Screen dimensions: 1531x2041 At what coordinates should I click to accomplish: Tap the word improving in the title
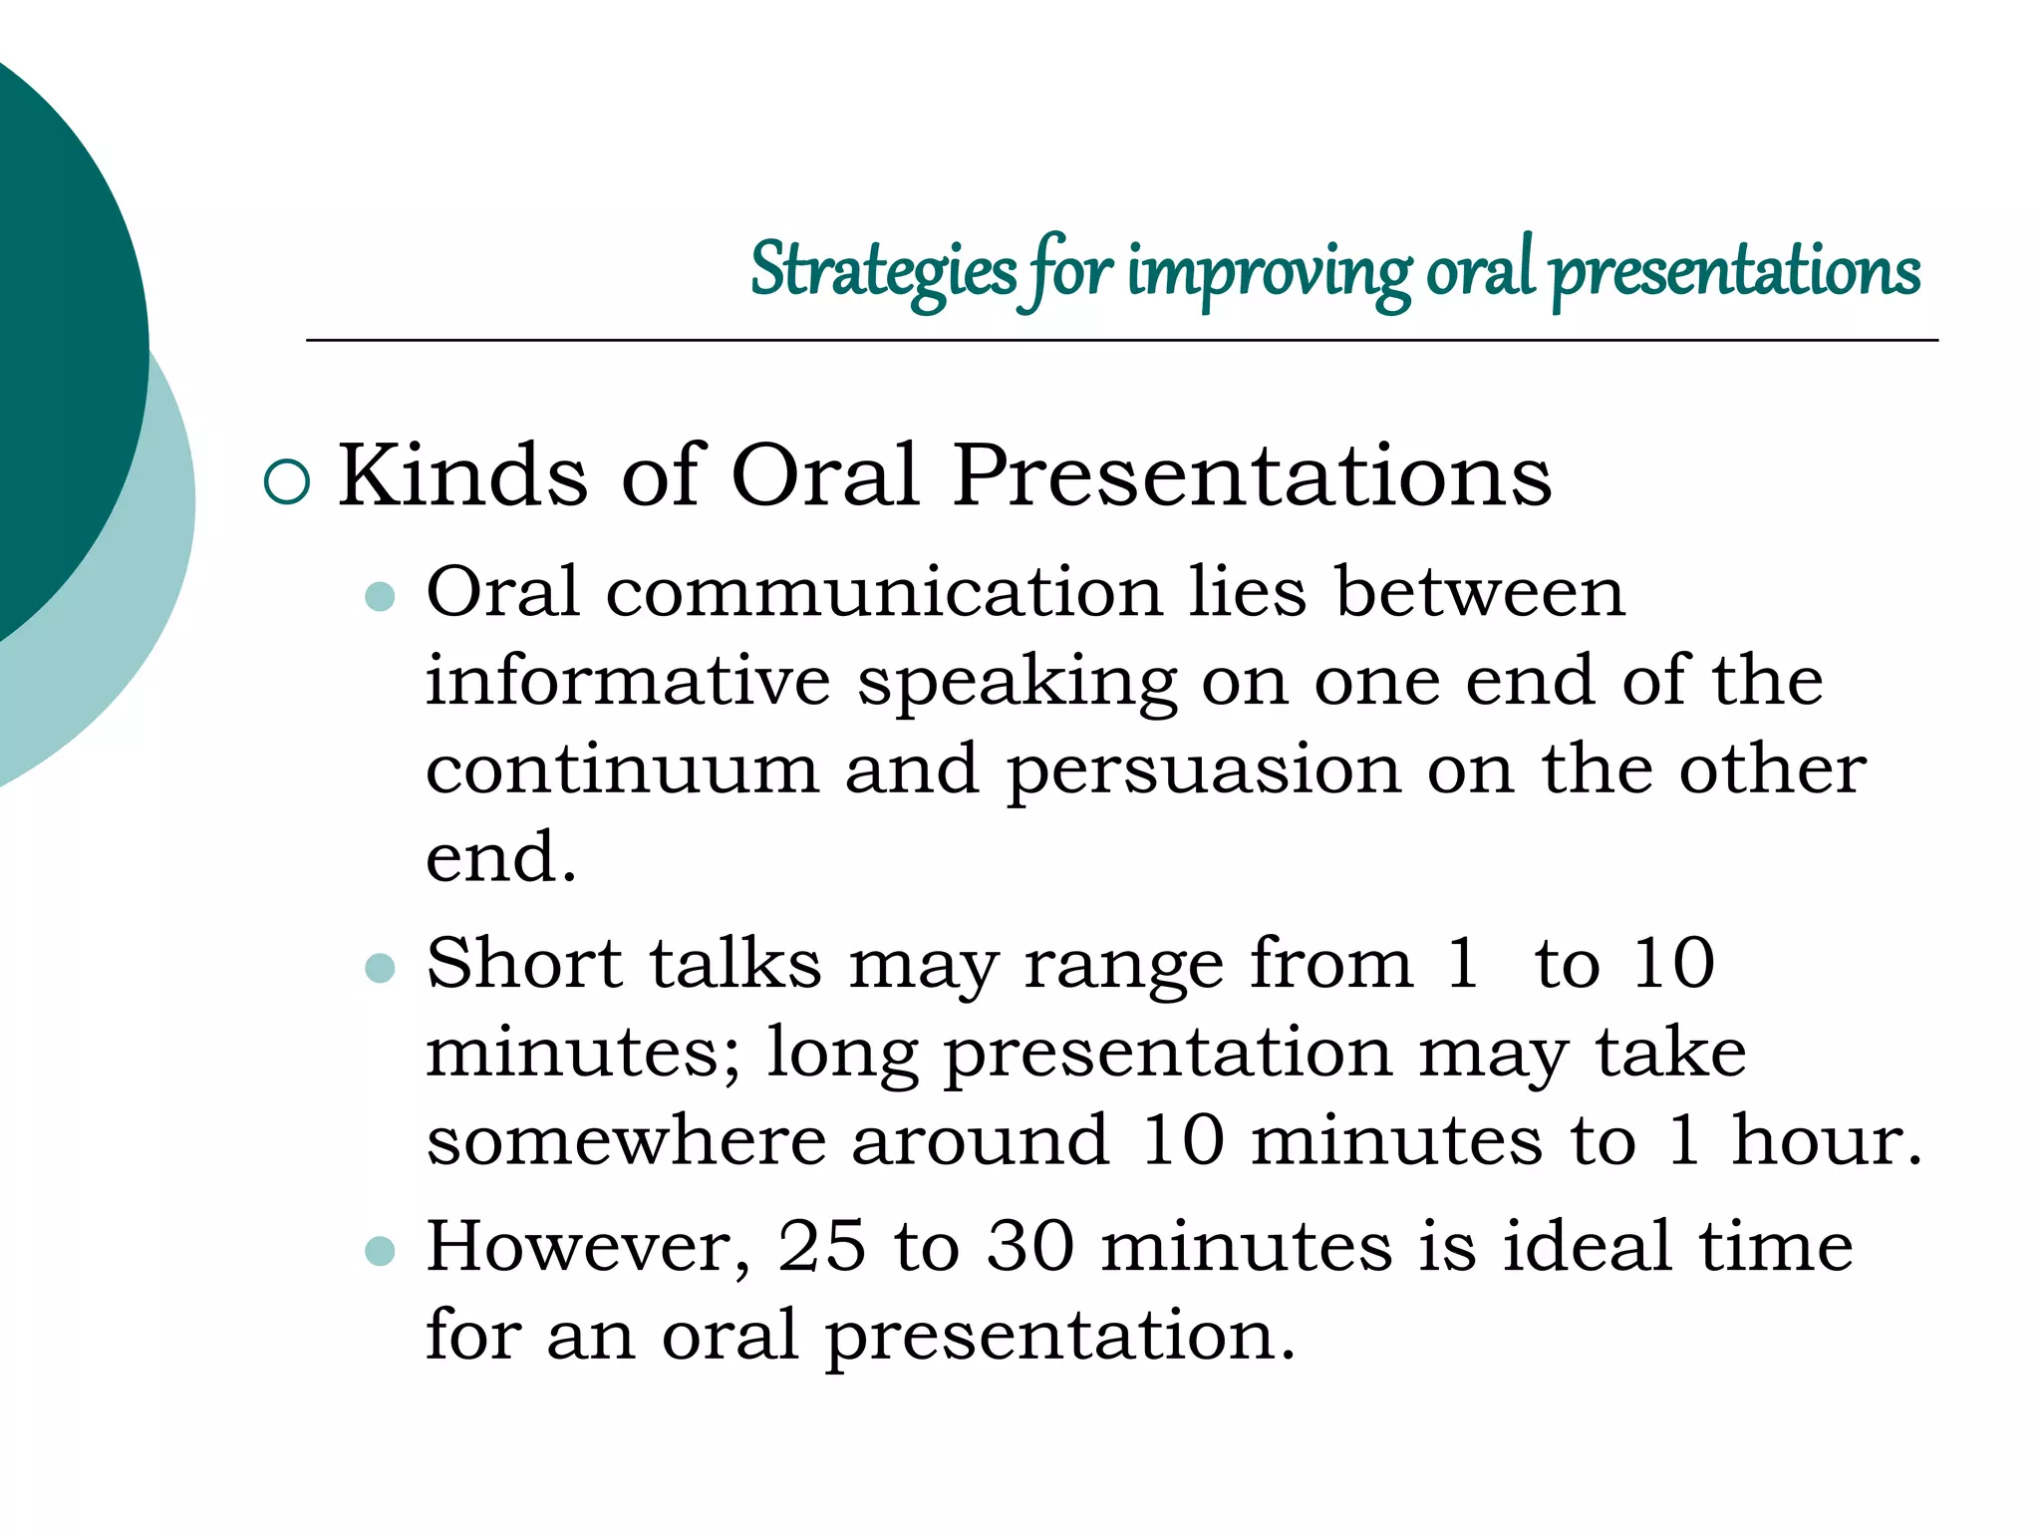pos(1269,271)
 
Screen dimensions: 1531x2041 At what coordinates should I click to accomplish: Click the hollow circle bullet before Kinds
pos(287,482)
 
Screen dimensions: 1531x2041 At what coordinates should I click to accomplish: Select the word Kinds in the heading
pos(462,475)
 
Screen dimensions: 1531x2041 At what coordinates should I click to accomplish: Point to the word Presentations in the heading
pos(1252,475)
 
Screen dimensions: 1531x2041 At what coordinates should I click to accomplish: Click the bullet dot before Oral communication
pos(381,597)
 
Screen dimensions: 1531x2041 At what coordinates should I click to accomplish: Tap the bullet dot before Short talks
pos(381,968)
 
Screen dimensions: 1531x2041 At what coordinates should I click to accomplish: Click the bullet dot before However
pos(381,1251)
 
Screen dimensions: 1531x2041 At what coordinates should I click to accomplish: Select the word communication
pos(884,593)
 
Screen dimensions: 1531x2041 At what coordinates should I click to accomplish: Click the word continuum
pos(622,769)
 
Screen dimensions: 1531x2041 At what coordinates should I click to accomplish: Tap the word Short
pos(524,964)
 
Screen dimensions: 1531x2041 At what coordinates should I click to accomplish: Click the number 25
pos(821,1247)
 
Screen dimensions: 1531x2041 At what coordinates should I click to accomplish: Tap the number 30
pos(1030,1247)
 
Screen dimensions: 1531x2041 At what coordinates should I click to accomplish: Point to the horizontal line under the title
pos(1121,341)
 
